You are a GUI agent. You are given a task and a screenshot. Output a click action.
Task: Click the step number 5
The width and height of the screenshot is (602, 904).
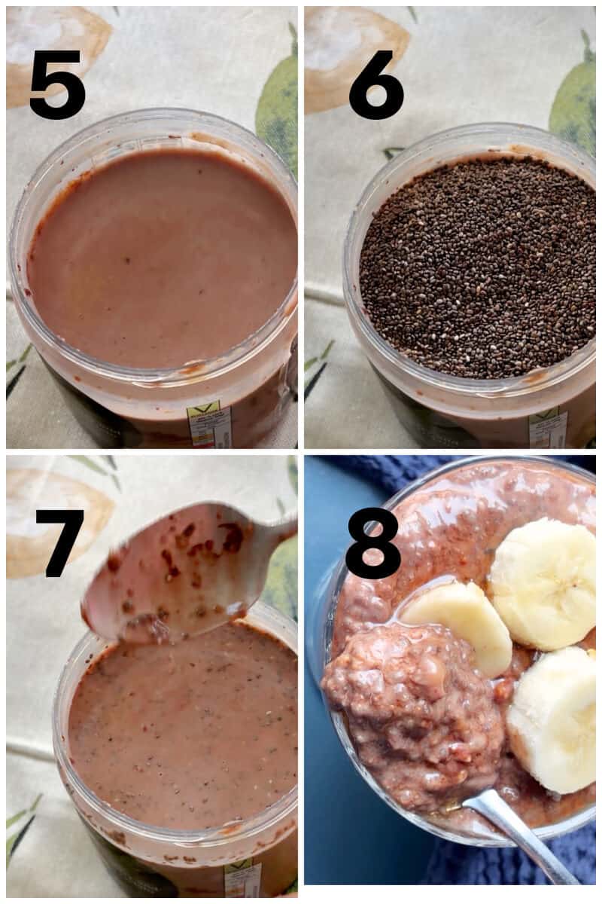pyautogui.click(x=57, y=84)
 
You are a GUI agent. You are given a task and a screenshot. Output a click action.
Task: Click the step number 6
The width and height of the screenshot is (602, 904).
pyautogui.click(x=376, y=84)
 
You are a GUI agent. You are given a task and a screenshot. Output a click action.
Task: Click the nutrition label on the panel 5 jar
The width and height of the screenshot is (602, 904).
pyautogui.click(x=210, y=426)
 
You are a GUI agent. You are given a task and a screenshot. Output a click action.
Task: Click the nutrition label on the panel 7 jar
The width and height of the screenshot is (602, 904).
pyautogui.click(x=242, y=880)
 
